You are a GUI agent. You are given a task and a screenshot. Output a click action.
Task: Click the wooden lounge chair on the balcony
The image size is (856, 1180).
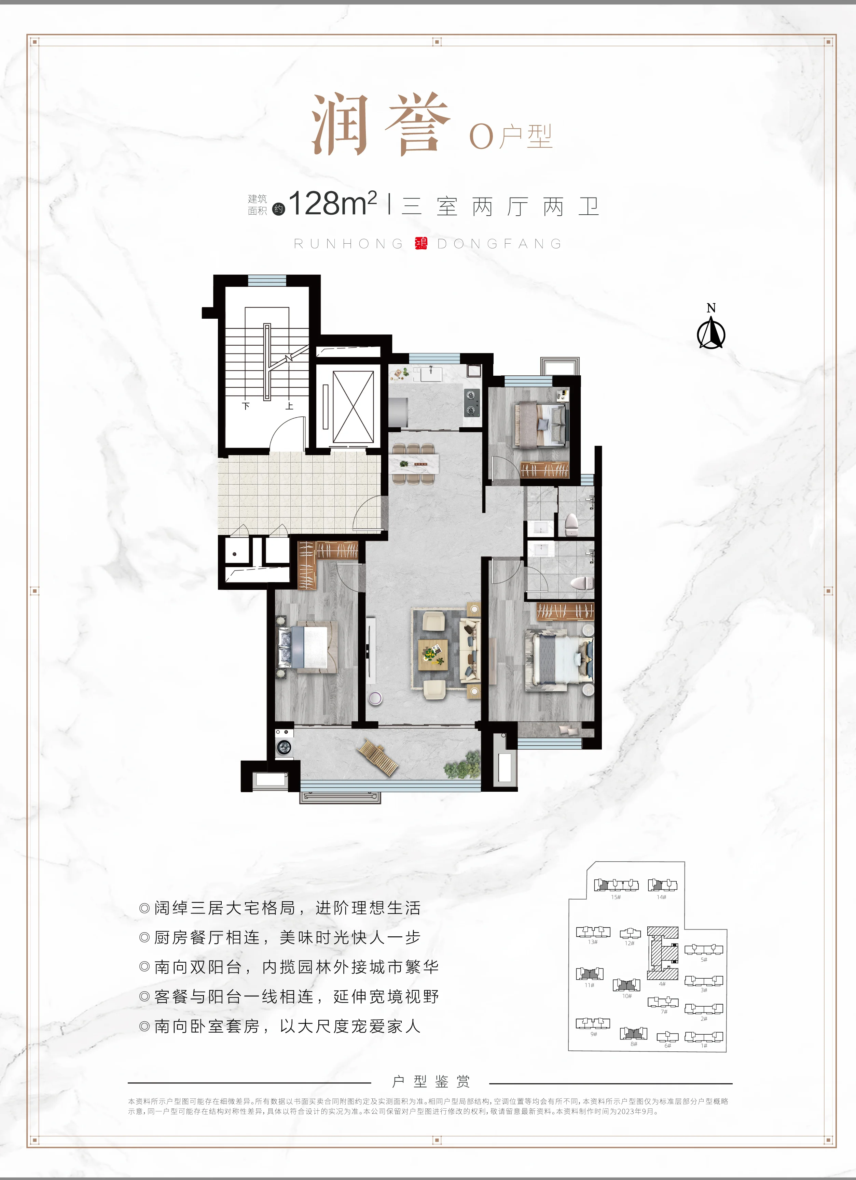tap(377, 757)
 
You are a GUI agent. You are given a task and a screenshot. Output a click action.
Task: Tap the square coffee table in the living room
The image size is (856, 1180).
tap(433, 653)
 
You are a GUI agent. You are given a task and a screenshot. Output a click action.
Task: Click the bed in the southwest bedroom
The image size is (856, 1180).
tap(307, 647)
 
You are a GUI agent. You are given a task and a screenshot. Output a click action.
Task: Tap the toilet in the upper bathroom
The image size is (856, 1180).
tap(572, 524)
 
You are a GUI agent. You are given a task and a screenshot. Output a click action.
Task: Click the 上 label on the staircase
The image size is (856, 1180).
tap(289, 406)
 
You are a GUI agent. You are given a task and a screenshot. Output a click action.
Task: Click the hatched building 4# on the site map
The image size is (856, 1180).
tap(662, 953)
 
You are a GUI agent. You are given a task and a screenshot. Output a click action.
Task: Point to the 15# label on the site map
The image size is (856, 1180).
tap(616, 897)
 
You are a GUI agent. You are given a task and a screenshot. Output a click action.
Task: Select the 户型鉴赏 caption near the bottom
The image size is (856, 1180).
tap(431, 1082)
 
